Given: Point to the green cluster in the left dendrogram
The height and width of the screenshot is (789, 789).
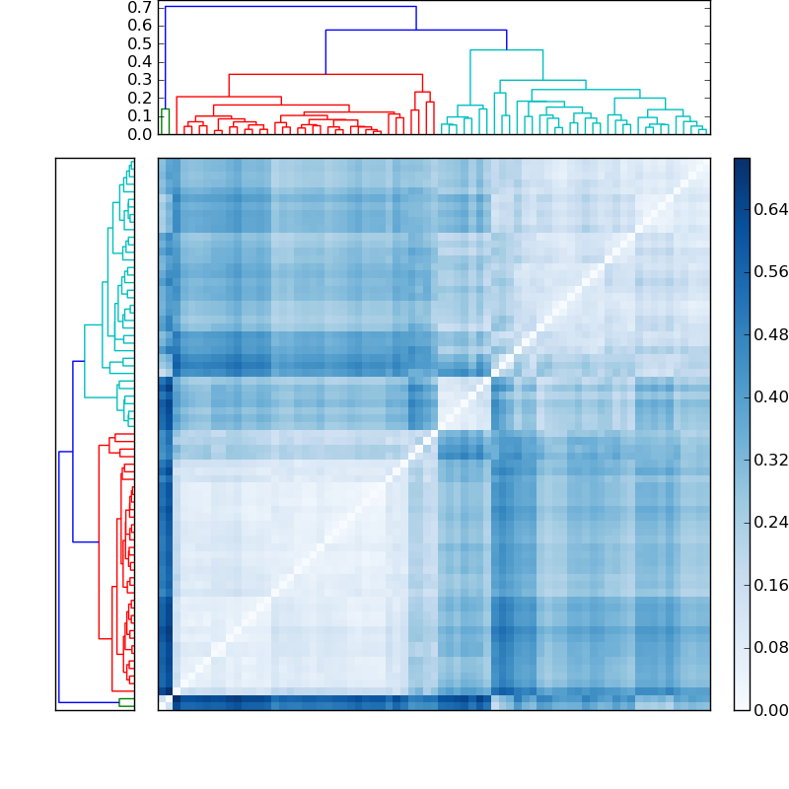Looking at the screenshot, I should tap(126, 702).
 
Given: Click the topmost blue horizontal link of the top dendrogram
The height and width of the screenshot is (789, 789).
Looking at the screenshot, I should tap(290, 7).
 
